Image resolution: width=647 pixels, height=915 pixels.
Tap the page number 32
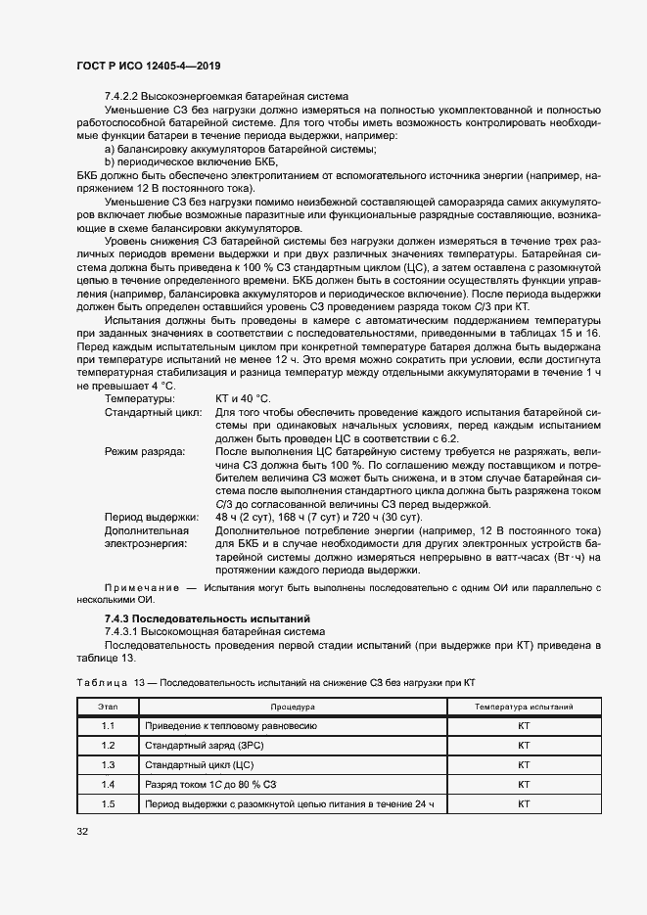click(82, 832)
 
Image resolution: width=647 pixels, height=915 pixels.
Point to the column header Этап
click(108, 706)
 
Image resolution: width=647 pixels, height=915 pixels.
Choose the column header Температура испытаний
click(524, 706)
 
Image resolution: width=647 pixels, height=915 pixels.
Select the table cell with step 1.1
click(108, 726)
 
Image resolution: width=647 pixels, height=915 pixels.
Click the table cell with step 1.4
click(108, 784)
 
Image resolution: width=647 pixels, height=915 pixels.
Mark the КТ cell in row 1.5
click(524, 803)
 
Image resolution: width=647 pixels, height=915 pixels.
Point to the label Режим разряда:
click(145, 452)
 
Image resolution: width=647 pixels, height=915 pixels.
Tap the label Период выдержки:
click(151, 517)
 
